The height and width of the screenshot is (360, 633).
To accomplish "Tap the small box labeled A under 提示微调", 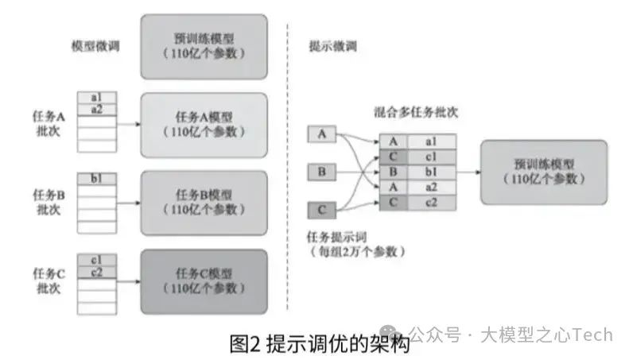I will pos(321,134).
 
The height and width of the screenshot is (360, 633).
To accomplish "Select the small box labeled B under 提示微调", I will pos(321,172).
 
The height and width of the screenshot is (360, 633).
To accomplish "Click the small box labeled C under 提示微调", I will pos(321,211).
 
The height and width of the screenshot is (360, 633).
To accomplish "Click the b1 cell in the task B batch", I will pos(97,179).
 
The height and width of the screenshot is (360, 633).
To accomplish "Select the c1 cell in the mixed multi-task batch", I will pos(431,157).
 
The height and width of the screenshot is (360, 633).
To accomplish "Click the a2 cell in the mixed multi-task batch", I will pos(431,187).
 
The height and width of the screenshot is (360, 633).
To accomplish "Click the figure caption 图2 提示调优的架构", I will pos(318,344).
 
